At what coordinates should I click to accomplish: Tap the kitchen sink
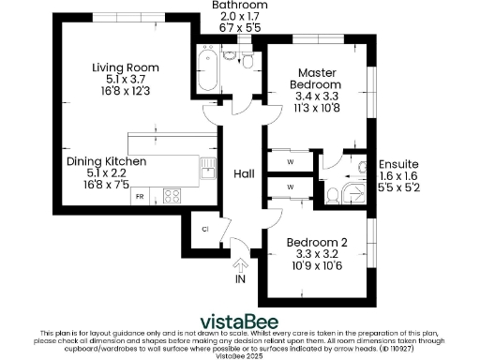click(x=206, y=170)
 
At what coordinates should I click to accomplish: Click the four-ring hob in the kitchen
click(x=172, y=196)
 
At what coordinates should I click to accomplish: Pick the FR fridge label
click(x=139, y=197)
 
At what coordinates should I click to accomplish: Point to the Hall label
click(x=244, y=173)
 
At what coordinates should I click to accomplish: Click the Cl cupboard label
click(x=204, y=228)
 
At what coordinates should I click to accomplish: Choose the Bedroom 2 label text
click(x=318, y=242)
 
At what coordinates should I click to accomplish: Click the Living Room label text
click(x=125, y=67)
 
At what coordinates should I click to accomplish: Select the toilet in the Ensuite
click(x=333, y=194)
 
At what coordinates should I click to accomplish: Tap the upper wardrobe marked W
click(x=290, y=160)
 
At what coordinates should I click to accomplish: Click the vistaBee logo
click(x=239, y=315)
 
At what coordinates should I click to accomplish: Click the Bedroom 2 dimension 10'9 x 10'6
click(x=318, y=266)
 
